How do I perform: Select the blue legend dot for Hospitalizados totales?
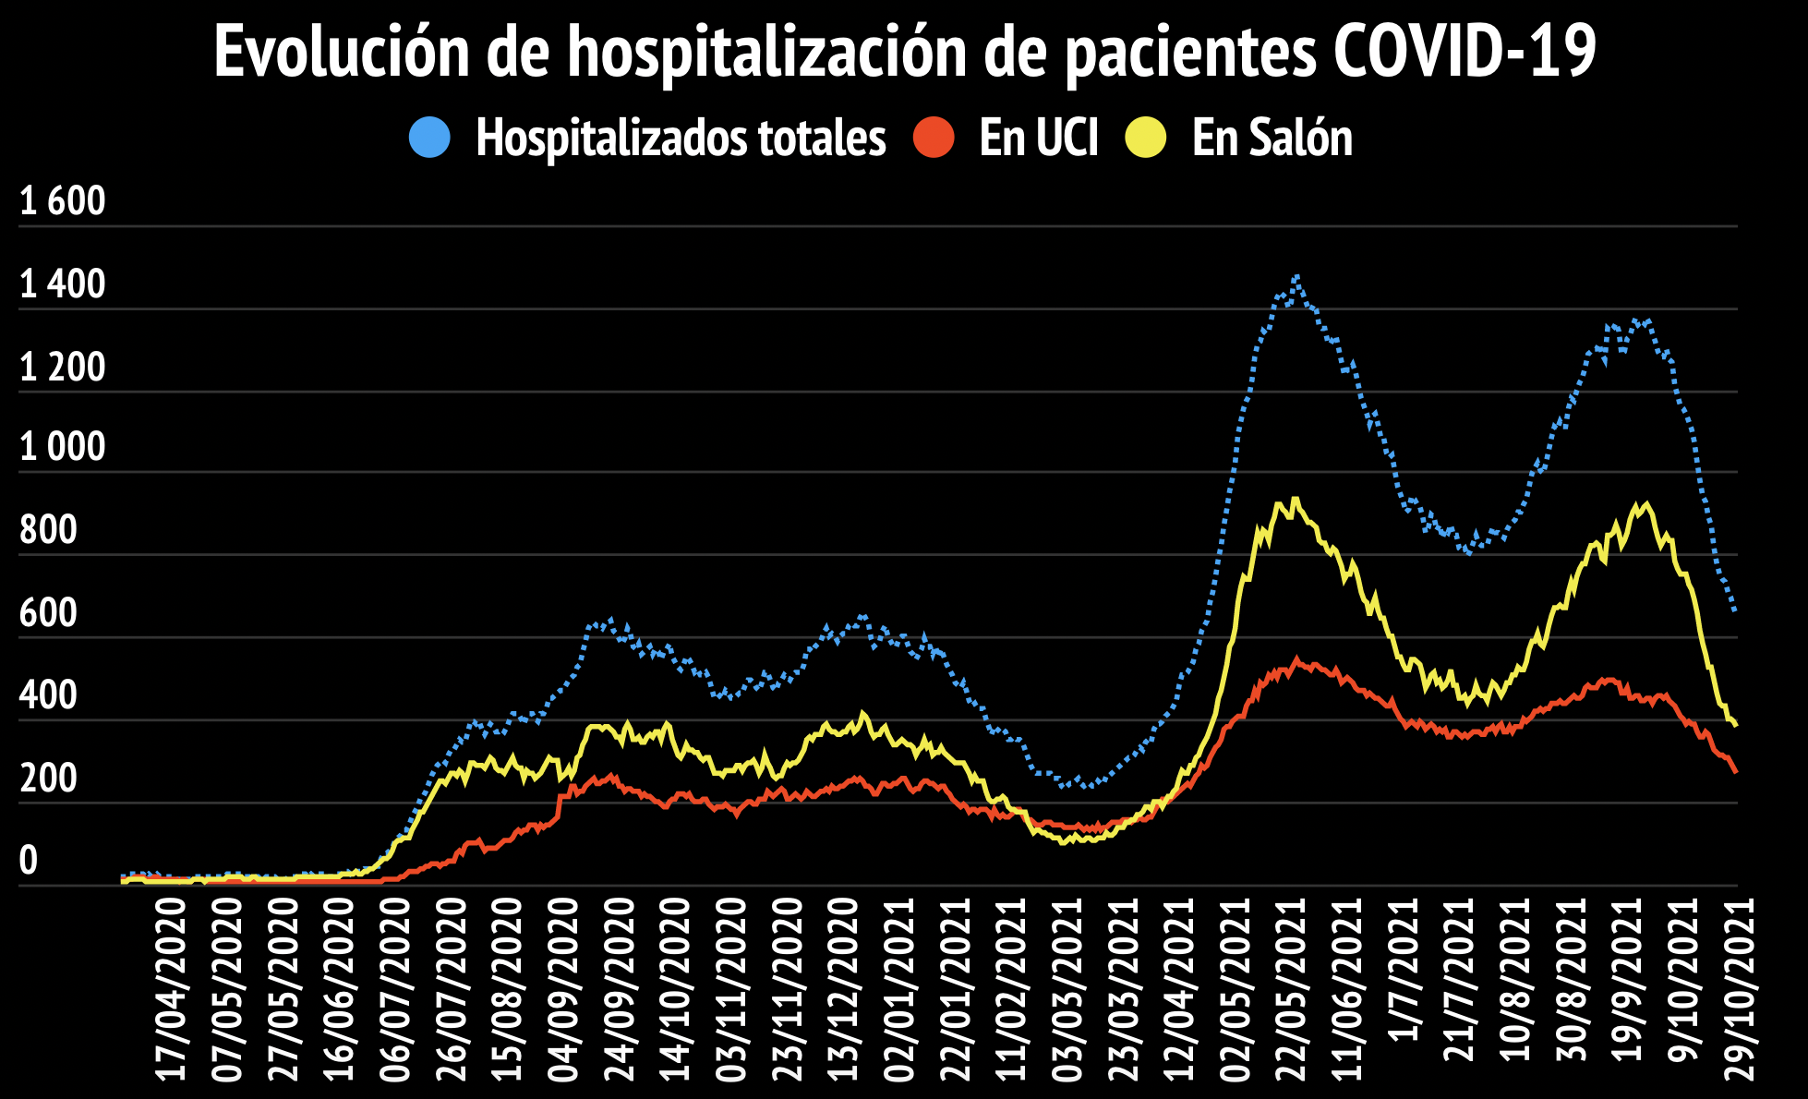point(429,138)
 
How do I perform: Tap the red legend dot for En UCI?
point(934,138)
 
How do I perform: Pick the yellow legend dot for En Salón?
point(1146,138)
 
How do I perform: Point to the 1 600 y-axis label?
point(63,201)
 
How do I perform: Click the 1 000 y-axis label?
point(63,448)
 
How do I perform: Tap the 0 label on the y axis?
point(29,861)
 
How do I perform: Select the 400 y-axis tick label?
point(48,695)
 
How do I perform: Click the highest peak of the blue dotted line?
point(1297,276)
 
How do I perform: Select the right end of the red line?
point(1736,771)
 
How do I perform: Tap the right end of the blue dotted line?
point(1736,610)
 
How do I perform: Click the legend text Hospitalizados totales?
point(681,139)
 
